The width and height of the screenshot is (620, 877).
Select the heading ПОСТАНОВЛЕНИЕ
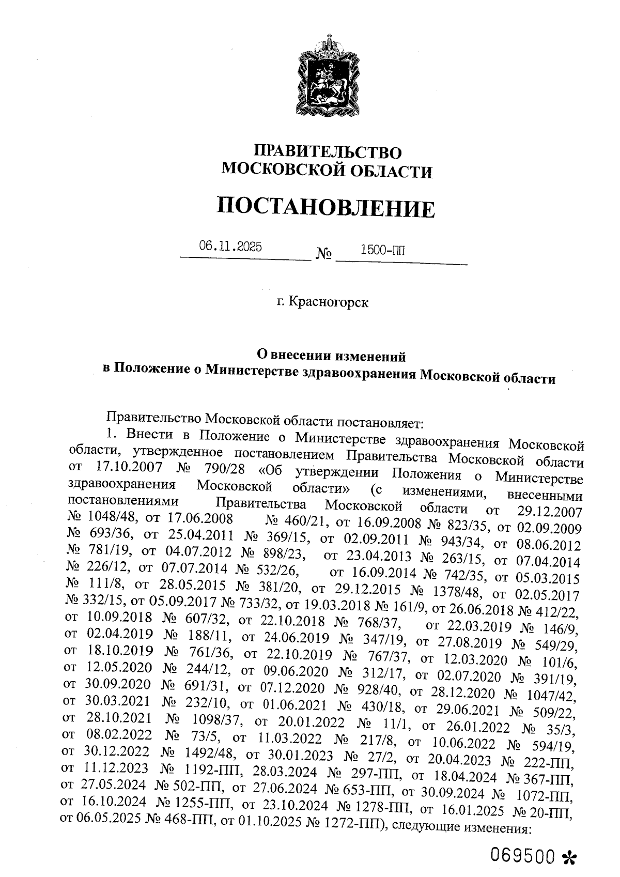[x=326, y=208]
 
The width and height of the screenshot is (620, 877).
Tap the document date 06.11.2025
[x=230, y=247]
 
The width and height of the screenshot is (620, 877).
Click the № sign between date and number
[x=323, y=255]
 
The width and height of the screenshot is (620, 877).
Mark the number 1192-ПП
[x=209, y=766]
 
